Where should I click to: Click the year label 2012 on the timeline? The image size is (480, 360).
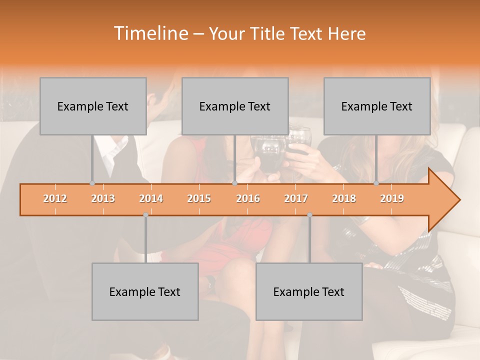[x=55, y=198]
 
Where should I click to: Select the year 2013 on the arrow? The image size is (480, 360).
[x=103, y=198]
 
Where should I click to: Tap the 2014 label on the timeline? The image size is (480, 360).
[x=151, y=198]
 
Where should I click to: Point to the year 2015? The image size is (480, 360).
[x=199, y=198]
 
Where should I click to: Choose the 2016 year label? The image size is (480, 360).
[x=248, y=198]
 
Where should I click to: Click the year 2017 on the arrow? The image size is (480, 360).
[x=296, y=198]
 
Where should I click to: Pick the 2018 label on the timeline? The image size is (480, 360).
[x=344, y=198]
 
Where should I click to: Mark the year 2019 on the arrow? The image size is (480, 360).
[x=392, y=198]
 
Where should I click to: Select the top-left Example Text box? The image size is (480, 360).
[x=93, y=106]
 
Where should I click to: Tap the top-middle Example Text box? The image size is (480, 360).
[x=235, y=106]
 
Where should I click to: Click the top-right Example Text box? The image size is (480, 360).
[x=377, y=106]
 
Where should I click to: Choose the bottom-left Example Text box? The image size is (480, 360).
[x=145, y=291]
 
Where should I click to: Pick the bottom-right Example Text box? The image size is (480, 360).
[x=309, y=291]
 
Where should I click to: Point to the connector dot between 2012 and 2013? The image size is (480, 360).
[x=92, y=183]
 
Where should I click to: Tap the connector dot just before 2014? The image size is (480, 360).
[x=145, y=215]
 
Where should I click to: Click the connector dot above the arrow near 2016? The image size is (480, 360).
[x=234, y=183]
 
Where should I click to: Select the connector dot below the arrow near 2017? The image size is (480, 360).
[x=309, y=215]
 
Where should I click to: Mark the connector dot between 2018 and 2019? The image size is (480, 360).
[x=376, y=183]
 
